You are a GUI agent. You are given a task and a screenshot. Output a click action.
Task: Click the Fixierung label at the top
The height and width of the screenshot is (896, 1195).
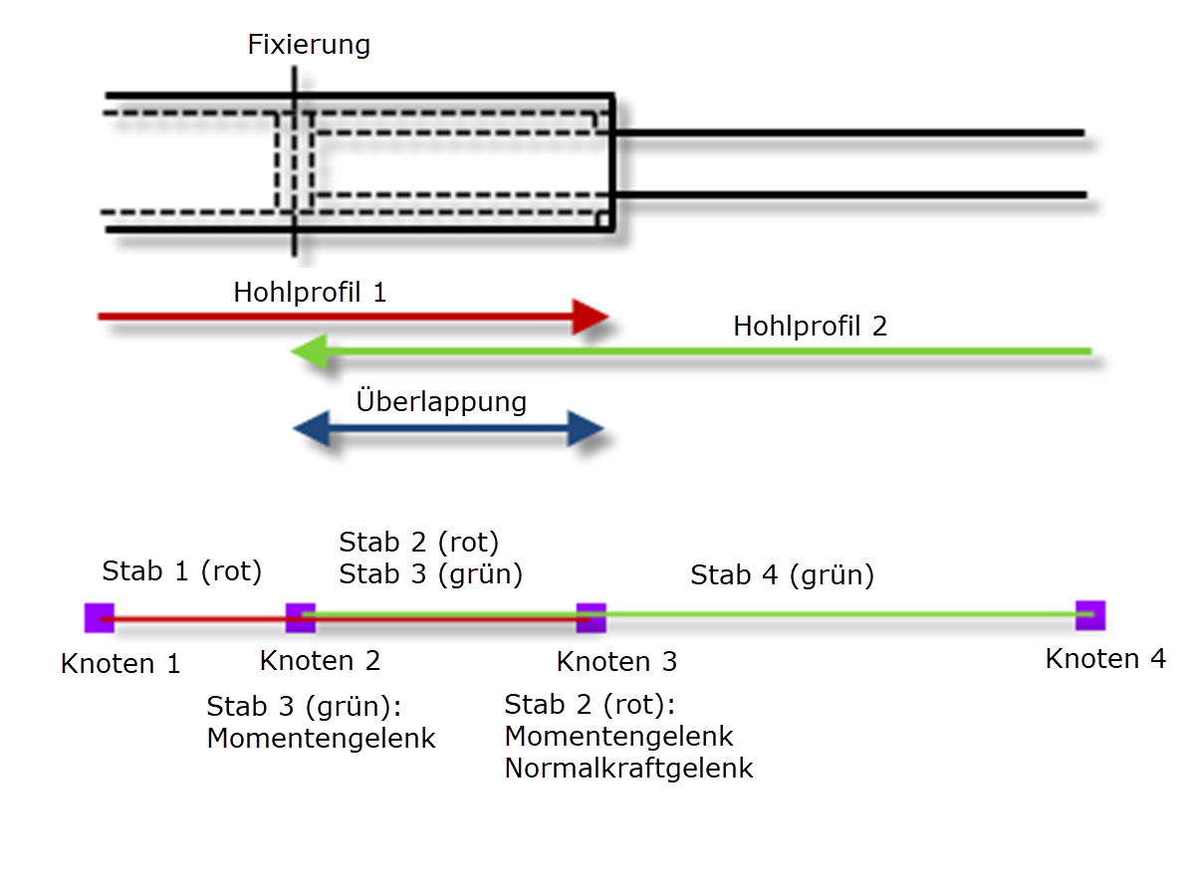[309, 45]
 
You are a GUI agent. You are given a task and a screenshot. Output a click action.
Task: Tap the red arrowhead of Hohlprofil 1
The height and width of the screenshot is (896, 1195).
[592, 317]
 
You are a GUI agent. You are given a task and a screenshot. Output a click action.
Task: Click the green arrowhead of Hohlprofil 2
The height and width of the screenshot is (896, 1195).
[309, 352]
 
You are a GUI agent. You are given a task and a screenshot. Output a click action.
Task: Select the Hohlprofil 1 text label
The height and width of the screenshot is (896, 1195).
[310, 293]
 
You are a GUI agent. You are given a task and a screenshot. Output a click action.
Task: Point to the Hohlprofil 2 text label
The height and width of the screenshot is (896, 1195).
[810, 327]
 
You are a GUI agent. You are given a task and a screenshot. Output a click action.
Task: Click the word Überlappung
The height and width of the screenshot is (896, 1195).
[441, 402]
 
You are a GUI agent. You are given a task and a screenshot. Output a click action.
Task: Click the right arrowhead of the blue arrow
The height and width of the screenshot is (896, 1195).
[587, 430]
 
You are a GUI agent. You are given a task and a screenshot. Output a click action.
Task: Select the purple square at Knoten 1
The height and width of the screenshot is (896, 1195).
[100, 618]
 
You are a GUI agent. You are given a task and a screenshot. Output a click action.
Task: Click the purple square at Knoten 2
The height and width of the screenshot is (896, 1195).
[300, 618]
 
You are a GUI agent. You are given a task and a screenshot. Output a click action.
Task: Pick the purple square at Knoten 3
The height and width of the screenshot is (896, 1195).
[592, 618]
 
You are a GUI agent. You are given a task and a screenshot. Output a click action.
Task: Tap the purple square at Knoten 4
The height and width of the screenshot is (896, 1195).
[1090, 615]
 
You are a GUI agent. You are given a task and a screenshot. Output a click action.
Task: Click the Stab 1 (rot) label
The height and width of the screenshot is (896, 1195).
[181, 571]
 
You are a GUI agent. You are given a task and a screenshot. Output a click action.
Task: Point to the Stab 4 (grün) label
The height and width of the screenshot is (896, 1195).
[782, 574]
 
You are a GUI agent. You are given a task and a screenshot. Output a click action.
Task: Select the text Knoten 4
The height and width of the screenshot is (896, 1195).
[1105, 659]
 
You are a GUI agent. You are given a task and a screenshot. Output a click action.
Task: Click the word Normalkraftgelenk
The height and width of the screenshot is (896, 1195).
[628, 769]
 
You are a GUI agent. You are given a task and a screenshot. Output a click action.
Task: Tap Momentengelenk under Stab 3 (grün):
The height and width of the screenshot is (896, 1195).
[321, 739]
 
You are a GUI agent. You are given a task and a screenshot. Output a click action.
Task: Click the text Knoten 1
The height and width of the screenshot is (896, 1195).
[120, 664]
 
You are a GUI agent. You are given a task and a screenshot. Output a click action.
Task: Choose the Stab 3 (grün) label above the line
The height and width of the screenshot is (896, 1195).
[430, 573]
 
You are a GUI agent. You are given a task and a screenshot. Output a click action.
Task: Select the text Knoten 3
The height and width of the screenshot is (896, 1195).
[616, 661]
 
